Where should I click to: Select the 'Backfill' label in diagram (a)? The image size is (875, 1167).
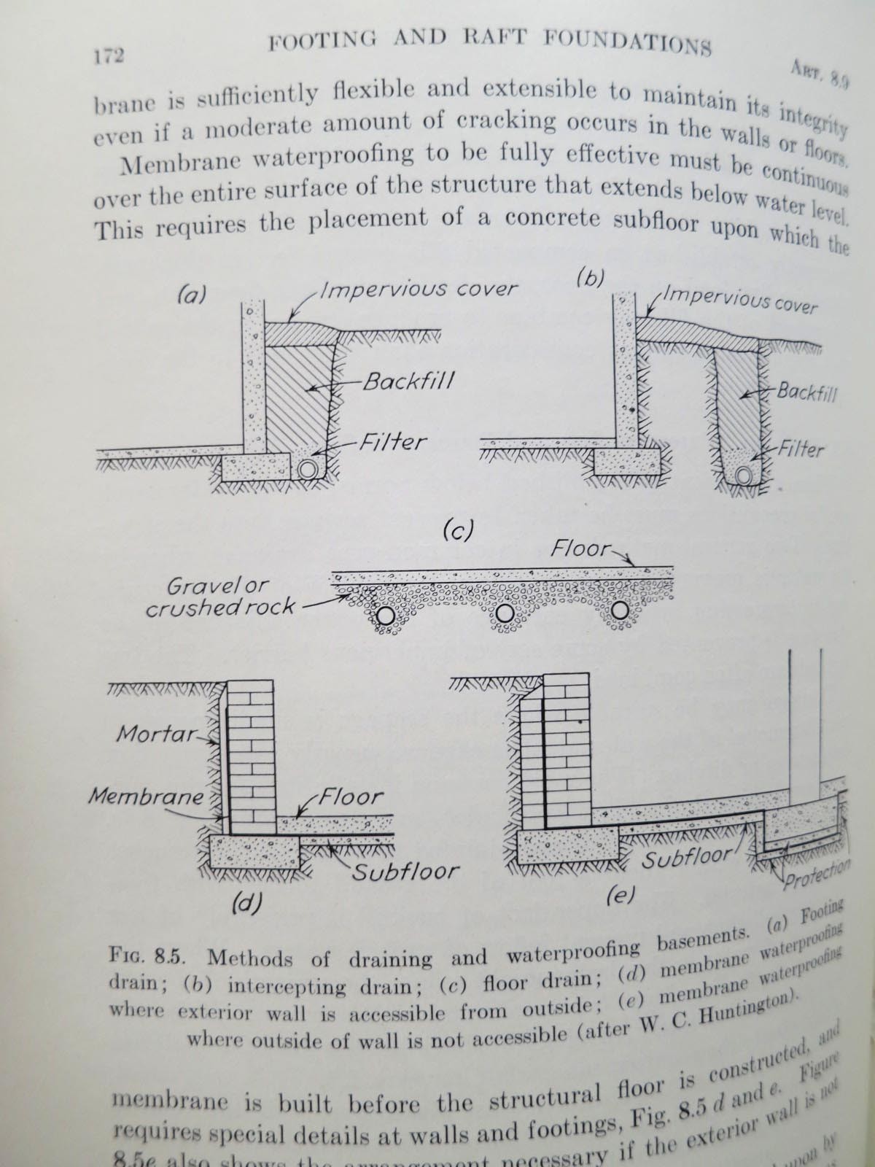pos(400,382)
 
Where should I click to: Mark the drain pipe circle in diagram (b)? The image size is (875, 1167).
pos(743,476)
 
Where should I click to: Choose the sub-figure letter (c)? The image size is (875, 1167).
pos(459,530)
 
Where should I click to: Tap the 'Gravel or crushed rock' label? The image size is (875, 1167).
pos(219,596)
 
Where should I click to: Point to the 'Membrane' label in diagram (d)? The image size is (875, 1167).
pos(146,796)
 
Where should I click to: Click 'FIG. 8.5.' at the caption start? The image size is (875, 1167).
pos(149,955)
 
